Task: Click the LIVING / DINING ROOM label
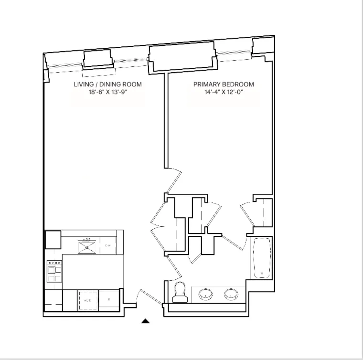pos(107,85)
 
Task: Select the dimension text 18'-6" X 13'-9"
pos(107,93)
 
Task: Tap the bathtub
pos(261,258)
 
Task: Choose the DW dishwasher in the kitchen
pos(108,245)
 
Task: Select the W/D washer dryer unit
pos(88,300)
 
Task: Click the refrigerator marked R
pos(109,300)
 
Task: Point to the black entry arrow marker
pos(146,321)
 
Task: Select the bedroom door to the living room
pos(174,180)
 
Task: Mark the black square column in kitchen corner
pos(53,239)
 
